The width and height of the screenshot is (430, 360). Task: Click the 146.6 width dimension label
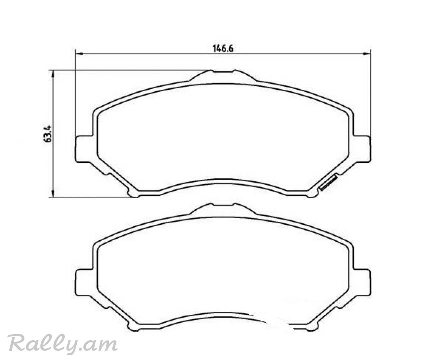(223, 49)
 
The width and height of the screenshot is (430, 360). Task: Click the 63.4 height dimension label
(47, 134)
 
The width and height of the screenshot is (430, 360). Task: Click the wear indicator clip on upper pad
(329, 183)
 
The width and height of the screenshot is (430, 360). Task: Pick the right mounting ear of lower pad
(361, 283)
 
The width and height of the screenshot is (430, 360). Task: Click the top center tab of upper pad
(223, 75)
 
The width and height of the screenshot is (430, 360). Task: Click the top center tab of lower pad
(223, 209)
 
